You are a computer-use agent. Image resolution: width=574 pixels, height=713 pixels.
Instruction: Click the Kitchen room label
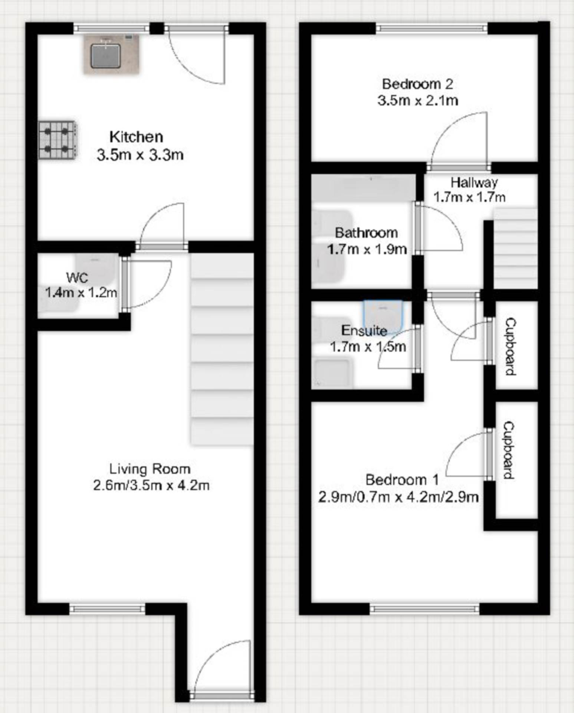click(136, 137)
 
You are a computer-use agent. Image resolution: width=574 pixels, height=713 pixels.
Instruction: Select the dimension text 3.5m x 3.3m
click(140, 155)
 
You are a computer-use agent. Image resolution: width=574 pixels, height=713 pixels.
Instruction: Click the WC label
click(77, 277)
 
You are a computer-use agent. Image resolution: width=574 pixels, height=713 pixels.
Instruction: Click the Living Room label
click(150, 469)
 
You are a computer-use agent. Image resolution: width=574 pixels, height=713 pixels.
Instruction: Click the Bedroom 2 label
click(417, 84)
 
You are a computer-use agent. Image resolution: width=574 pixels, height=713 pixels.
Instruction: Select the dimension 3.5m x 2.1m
click(417, 100)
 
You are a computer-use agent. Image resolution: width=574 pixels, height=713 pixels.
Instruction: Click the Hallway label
click(474, 182)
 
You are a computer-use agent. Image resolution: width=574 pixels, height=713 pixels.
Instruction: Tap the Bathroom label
click(366, 233)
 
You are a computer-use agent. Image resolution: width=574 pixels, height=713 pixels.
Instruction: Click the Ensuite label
click(364, 330)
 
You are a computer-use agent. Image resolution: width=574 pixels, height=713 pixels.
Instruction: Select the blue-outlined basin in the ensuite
click(383, 314)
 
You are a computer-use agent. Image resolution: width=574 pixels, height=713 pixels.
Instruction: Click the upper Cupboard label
click(511, 346)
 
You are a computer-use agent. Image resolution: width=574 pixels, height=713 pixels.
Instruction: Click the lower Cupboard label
click(509, 450)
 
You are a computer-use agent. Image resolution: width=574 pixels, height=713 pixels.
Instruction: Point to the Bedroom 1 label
click(402, 479)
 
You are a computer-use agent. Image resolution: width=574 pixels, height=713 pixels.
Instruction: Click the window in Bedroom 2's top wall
click(432, 27)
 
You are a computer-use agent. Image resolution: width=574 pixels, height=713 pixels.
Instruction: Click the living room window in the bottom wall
click(107, 609)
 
